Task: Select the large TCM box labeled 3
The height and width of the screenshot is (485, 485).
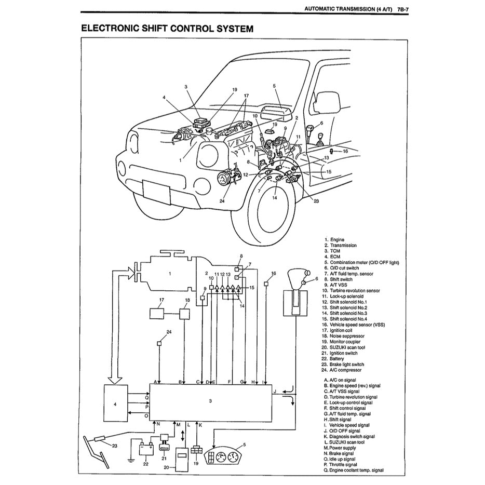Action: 210,401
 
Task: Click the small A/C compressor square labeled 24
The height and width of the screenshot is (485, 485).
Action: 160,343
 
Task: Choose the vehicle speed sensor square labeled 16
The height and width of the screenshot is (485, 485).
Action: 266,284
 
